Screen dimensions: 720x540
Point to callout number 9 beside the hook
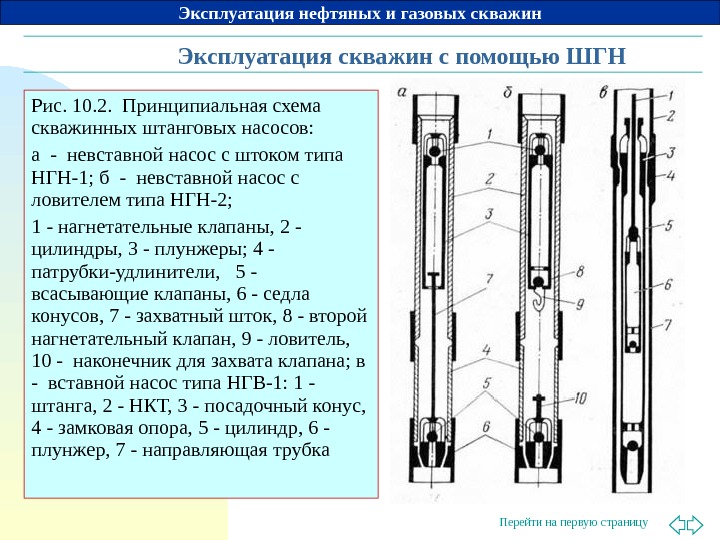coord(582,303)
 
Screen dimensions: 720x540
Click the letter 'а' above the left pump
coord(400,92)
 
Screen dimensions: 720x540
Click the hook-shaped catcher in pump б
coord(537,296)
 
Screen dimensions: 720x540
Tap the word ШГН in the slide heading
coord(596,54)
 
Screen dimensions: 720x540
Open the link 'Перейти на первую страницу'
coord(573,523)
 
